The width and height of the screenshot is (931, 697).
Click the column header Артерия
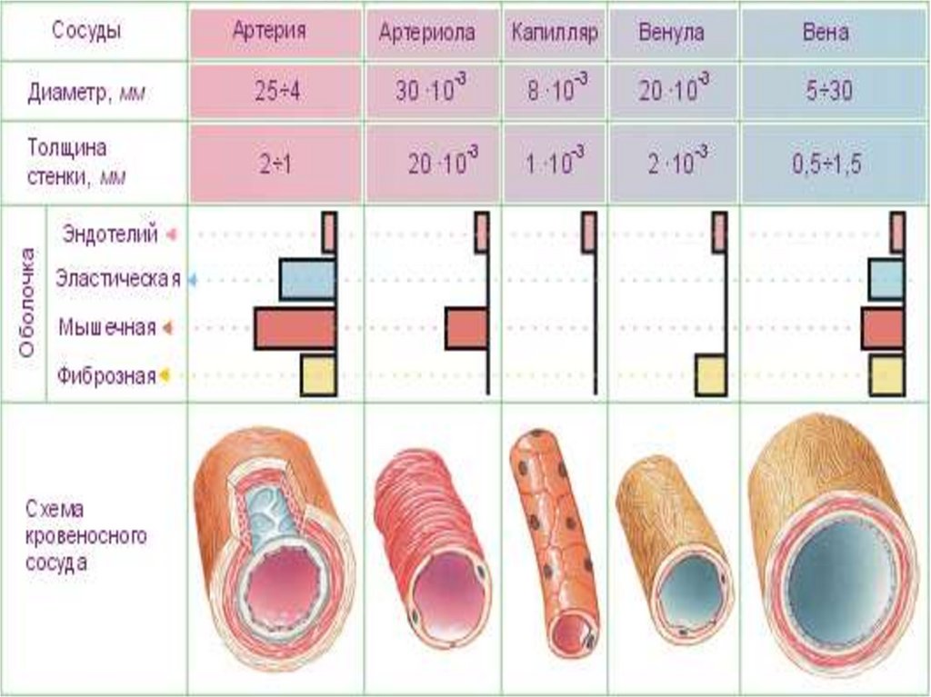coord(270,33)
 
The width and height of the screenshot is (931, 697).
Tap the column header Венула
coord(672,33)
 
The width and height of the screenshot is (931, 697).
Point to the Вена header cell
coord(826,33)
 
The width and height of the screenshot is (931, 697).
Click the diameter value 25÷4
coord(270,92)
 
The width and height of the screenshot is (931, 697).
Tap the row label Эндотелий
coord(110,234)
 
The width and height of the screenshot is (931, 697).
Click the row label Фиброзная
coord(106,375)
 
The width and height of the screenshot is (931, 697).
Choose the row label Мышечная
coord(106,327)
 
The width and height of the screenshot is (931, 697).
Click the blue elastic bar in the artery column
coord(307,280)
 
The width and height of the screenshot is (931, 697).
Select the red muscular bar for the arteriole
coord(466,328)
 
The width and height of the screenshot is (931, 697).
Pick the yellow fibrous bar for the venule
coord(710,375)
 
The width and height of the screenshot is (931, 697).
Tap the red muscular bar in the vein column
coord(883,328)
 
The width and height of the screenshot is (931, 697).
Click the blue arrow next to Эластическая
coord(192,281)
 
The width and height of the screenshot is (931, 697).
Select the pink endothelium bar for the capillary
coord(588,232)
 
